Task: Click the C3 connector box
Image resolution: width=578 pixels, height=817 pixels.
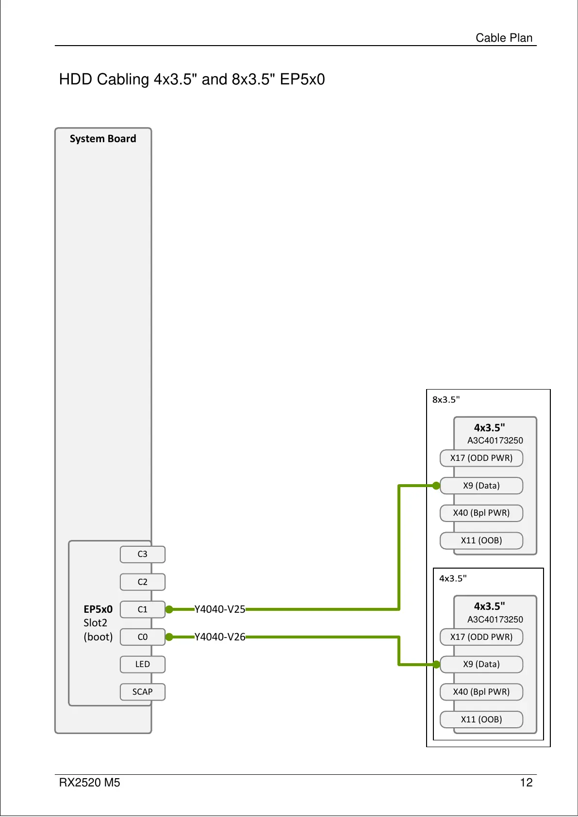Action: click(142, 554)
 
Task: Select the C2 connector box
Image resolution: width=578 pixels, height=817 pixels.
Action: click(142, 582)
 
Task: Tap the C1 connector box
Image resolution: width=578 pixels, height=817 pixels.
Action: click(142, 609)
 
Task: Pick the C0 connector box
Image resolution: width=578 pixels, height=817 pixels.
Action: click(142, 637)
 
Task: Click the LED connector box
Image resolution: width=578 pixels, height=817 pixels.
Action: click(142, 664)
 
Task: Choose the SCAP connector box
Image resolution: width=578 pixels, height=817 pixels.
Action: click(142, 692)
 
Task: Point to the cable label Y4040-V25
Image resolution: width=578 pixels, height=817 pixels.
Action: click(220, 609)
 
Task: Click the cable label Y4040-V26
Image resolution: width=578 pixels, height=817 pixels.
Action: click(220, 637)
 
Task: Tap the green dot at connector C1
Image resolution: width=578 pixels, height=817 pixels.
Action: click(169, 609)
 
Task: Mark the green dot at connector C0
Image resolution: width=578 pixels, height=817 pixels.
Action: click(169, 637)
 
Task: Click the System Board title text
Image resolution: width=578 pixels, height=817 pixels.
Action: click(103, 139)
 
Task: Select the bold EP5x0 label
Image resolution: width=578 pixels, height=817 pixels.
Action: click(98, 609)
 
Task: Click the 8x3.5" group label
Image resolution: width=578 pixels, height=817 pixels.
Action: click(446, 400)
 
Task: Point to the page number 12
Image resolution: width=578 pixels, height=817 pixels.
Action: click(526, 783)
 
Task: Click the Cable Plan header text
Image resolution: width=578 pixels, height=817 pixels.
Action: click(504, 37)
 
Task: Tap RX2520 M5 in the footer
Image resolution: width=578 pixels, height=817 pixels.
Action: click(89, 783)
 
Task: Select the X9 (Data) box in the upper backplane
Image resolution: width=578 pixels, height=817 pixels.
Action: click(481, 486)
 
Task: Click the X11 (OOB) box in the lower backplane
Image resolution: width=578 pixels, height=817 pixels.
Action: click(481, 719)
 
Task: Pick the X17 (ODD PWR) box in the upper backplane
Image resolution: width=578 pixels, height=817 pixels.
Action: click(481, 458)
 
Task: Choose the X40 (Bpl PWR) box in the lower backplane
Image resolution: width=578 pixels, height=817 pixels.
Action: click(481, 692)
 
